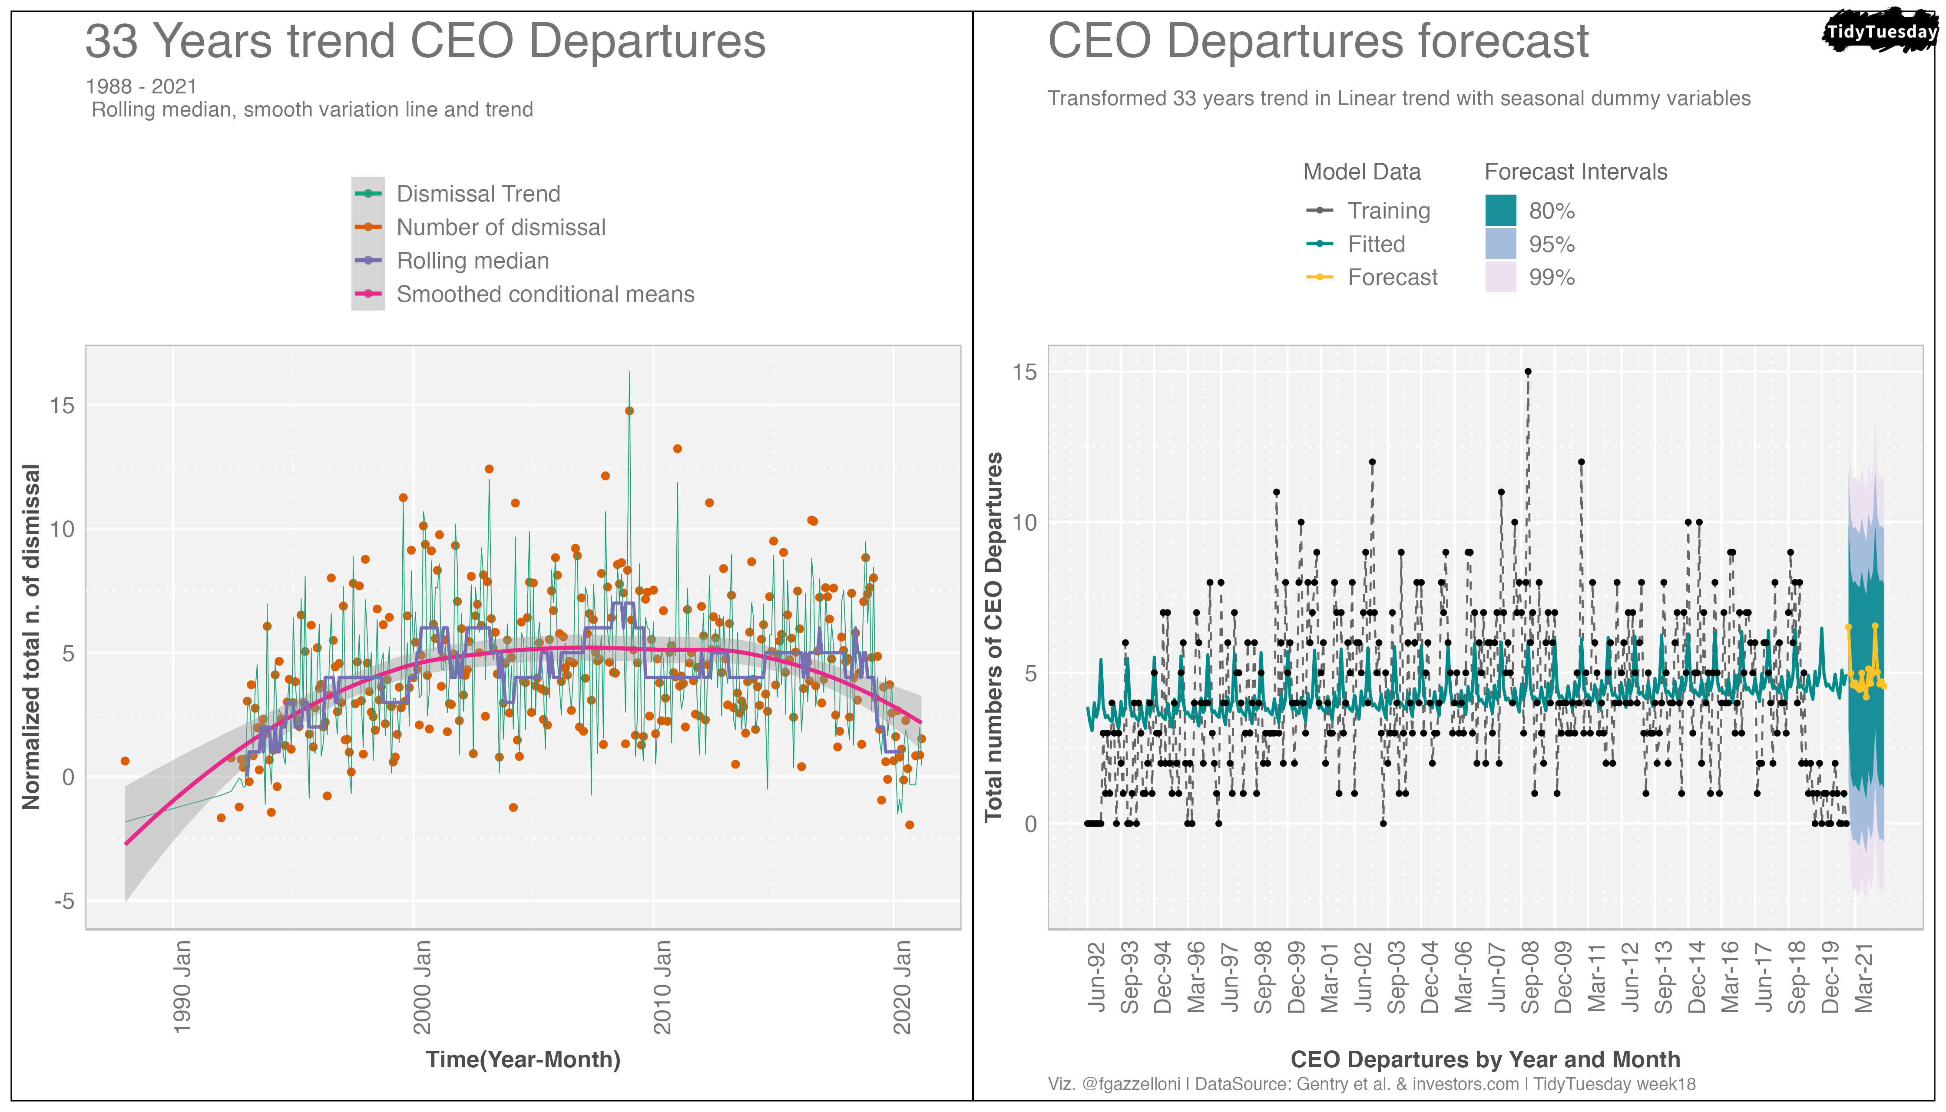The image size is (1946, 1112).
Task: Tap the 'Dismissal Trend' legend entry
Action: click(477, 194)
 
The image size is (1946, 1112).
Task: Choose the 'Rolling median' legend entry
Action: click(472, 261)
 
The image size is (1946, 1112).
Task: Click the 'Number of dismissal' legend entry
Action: click(500, 228)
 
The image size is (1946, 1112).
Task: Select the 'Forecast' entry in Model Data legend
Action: click(1392, 277)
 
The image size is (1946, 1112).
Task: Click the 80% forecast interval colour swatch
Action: click(1500, 211)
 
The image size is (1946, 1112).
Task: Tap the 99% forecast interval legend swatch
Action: click(1500, 277)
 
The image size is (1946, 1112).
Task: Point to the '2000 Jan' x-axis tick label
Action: click(422, 987)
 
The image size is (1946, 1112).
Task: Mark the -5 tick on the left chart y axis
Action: click(65, 901)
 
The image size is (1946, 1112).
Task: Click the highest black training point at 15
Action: click(1527, 372)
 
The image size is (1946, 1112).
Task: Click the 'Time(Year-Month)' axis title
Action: click(523, 1060)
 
